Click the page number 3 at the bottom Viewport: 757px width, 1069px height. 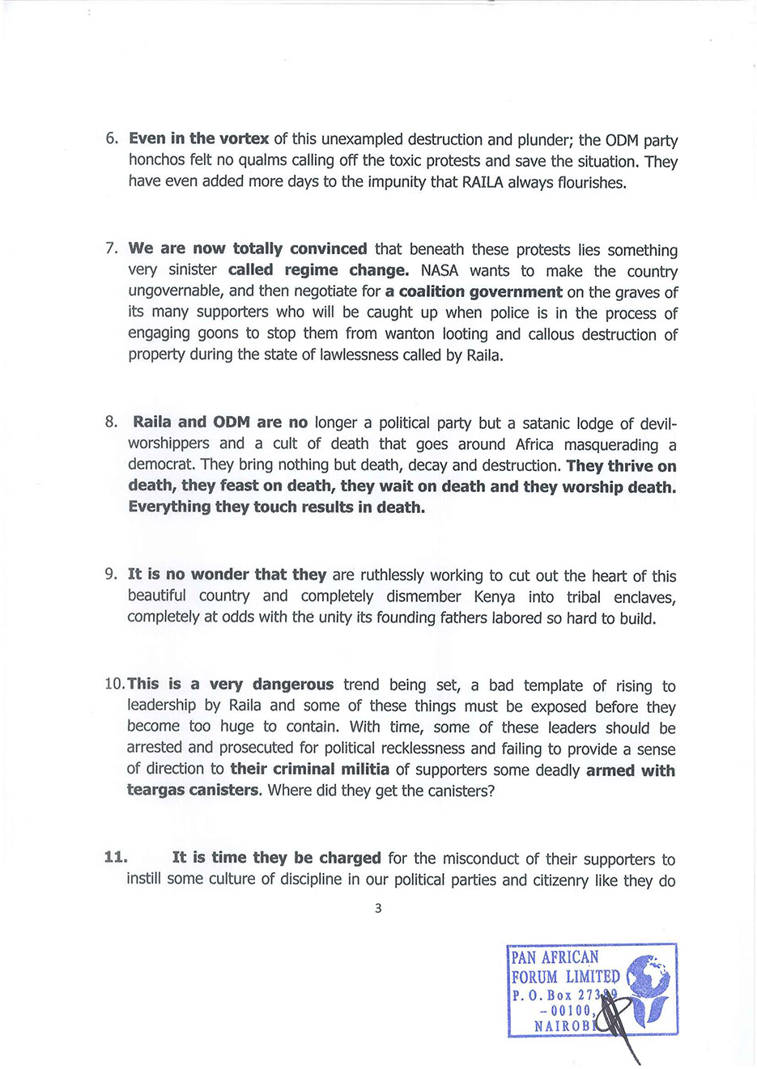tap(378, 909)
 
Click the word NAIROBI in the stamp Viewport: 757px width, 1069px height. tap(563, 1025)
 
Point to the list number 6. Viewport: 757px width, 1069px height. tap(112, 138)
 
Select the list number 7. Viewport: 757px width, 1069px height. tap(112, 249)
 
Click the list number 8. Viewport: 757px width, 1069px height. tap(112, 422)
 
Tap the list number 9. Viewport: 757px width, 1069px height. tap(112, 575)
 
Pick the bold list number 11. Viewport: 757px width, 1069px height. tap(116, 857)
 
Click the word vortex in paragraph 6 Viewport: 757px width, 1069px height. tap(244, 138)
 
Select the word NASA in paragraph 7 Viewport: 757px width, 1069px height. tap(440, 270)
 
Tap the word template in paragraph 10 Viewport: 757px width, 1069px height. tap(553, 686)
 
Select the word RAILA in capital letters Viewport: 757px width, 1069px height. tap(483, 182)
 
